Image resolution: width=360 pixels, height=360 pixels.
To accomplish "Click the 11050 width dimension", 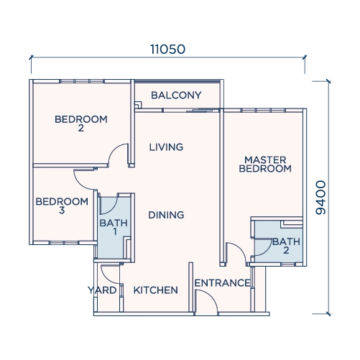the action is click(167, 49).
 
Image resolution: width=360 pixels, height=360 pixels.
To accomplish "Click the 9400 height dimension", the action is click(321, 198).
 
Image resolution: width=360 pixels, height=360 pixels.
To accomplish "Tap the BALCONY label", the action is click(176, 96).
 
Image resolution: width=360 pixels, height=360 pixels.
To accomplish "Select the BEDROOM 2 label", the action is click(81, 124).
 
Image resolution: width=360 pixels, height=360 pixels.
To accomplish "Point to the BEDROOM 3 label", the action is click(62, 206).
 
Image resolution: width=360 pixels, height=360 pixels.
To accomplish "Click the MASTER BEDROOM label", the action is click(265, 165).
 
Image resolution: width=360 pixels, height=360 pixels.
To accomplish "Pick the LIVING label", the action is click(166, 147).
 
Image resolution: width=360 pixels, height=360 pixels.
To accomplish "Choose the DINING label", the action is click(166, 215).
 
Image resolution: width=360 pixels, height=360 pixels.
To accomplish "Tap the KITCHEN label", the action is click(156, 290).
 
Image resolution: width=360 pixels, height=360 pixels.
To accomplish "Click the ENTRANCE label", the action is click(223, 283).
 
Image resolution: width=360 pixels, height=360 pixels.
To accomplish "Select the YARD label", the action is click(102, 290).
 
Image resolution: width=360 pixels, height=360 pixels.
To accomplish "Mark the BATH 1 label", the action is click(114, 227).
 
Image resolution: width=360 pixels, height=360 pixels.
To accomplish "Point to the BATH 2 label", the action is click(286, 246).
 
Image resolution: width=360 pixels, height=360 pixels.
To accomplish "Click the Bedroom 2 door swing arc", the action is click(114, 149).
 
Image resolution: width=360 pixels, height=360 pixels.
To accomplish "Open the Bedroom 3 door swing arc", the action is click(80, 183).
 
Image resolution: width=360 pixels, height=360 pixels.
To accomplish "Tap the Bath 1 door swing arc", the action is click(112, 209).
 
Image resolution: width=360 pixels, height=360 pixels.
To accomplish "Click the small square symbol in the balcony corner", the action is click(138, 105).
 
